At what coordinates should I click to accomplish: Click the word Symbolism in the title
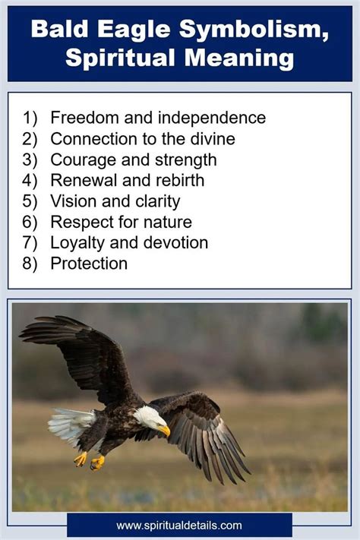[254, 30]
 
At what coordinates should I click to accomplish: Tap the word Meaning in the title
[239, 58]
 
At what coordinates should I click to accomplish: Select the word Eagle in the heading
[134, 30]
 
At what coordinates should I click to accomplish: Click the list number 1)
[30, 118]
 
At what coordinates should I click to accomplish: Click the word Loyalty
[78, 243]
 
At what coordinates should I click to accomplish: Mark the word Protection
[89, 264]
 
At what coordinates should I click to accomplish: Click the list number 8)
[30, 264]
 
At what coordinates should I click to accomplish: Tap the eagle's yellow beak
[165, 431]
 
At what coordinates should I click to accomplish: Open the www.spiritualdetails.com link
[179, 526]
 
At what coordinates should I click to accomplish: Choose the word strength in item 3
[186, 160]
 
